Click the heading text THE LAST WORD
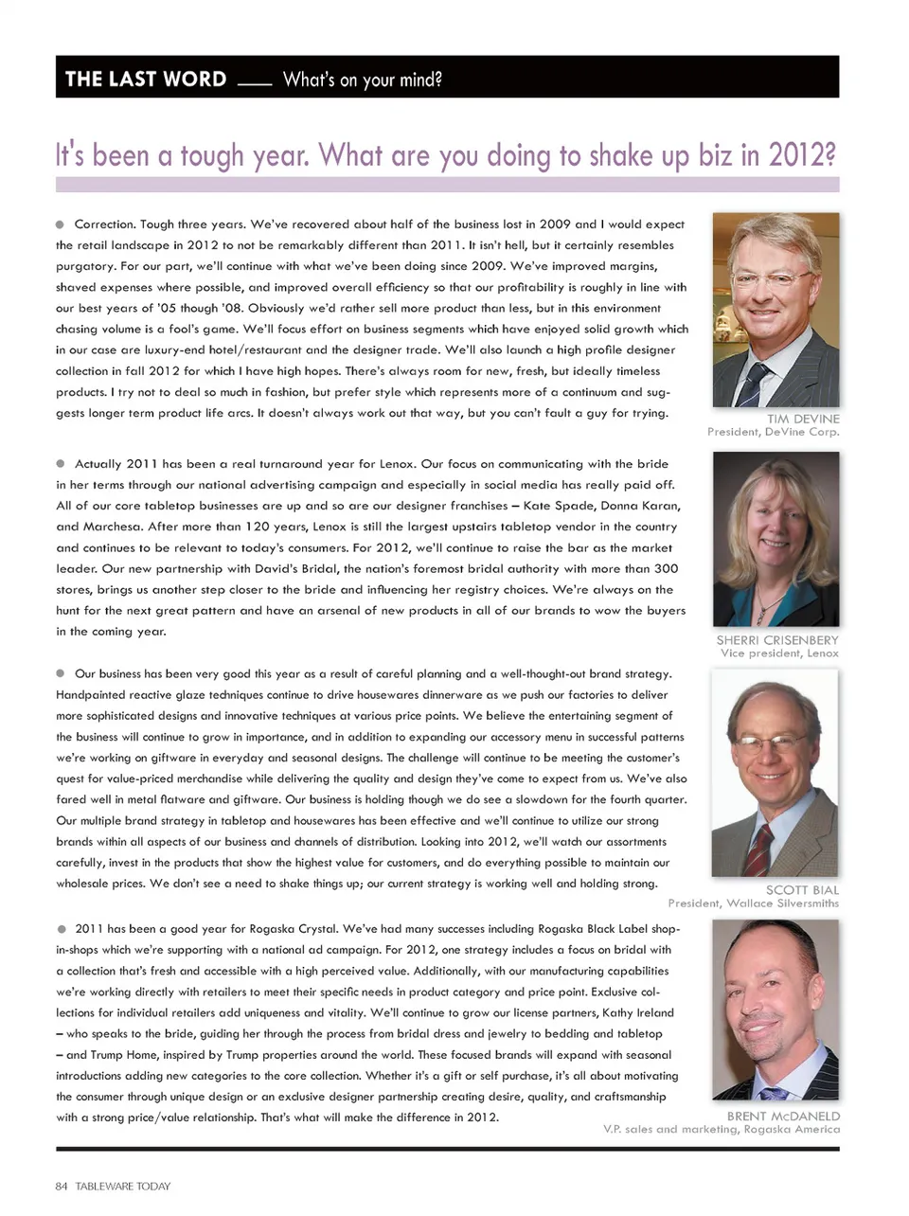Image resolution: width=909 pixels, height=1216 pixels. click(x=146, y=79)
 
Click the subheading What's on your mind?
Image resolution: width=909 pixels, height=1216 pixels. click(x=362, y=80)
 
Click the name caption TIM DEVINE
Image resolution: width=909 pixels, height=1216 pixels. click(x=803, y=419)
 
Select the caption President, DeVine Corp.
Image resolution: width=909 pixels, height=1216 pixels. click(x=773, y=432)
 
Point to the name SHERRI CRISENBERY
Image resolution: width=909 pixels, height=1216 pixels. click(x=777, y=640)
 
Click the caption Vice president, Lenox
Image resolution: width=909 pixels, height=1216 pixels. click(x=779, y=653)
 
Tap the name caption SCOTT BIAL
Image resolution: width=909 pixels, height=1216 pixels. click(x=802, y=890)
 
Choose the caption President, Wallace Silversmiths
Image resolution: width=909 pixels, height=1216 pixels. click(x=753, y=903)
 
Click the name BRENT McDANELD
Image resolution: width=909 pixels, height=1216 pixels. click(x=783, y=1117)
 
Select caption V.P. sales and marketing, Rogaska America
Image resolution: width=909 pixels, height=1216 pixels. click(x=722, y=1130)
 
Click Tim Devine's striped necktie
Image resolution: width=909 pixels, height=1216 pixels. click(x=755, y=384)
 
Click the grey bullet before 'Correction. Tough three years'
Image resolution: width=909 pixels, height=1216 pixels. click(x=61, y=224)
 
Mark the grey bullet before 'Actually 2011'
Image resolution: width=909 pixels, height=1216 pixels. click(x=61, y=464)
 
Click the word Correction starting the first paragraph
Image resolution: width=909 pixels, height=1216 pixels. click(x=105, y=224)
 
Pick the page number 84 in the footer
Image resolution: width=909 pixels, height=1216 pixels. click(x=62, y=1186)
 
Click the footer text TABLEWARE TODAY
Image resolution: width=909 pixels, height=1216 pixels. click(x=123, y=1186)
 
